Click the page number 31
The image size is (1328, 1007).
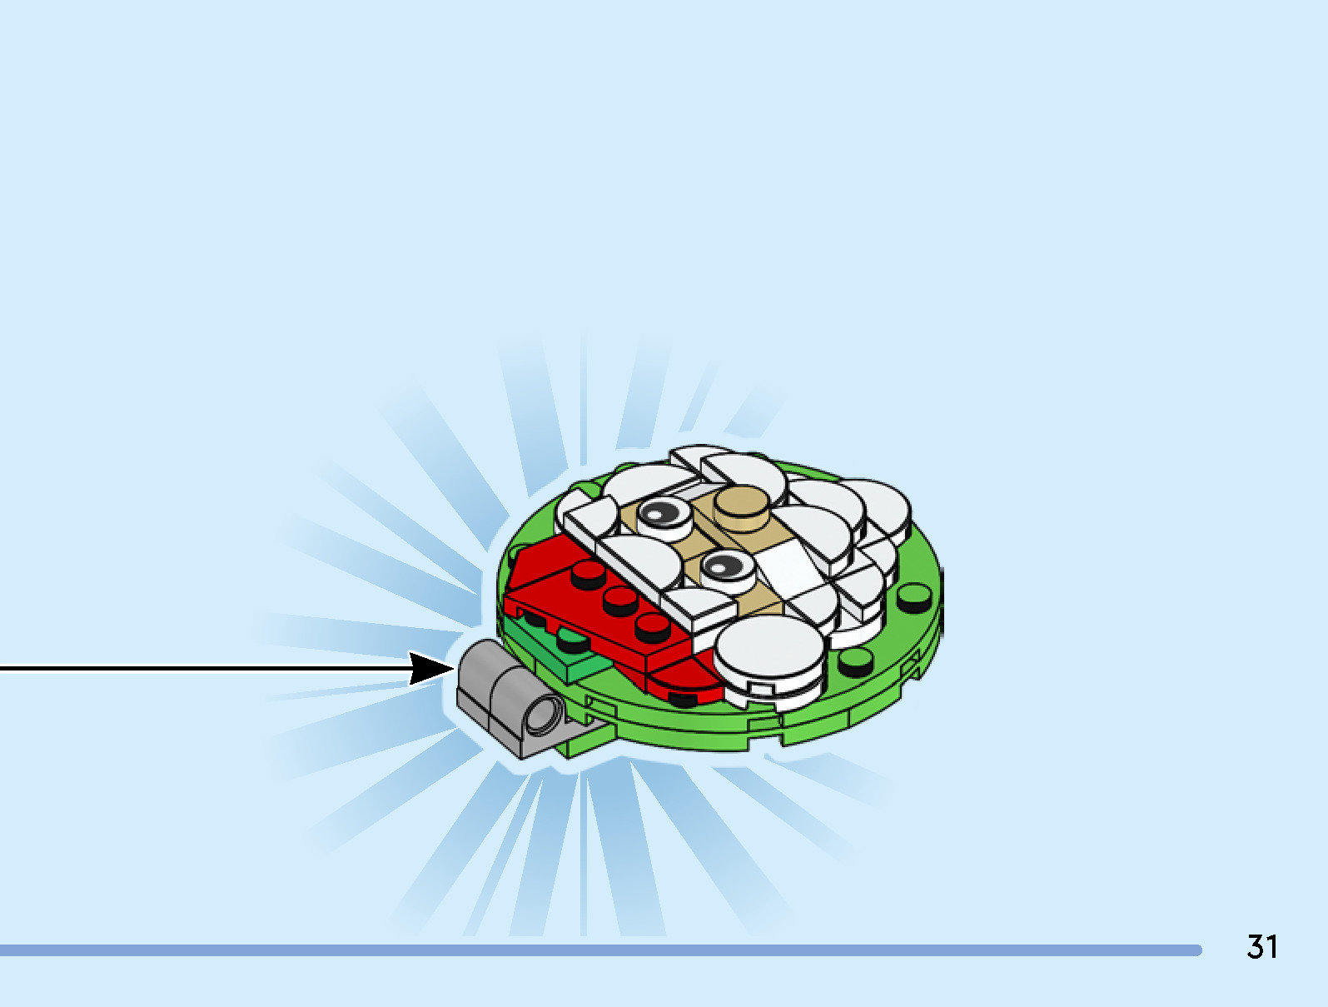[1261, 947]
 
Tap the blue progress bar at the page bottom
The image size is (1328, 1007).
[599, 950]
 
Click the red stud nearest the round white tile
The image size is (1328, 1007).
[652, 626]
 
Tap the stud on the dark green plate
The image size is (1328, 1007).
[571, 641]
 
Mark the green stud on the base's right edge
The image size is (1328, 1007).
[914, 595]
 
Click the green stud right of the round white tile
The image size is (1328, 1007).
[854, 662]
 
